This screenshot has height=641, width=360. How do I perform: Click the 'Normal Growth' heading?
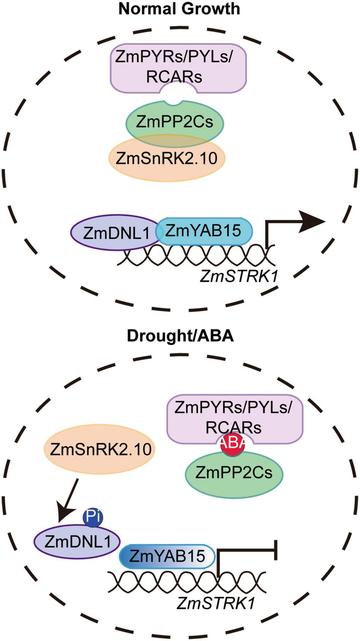tap(180, 11)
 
